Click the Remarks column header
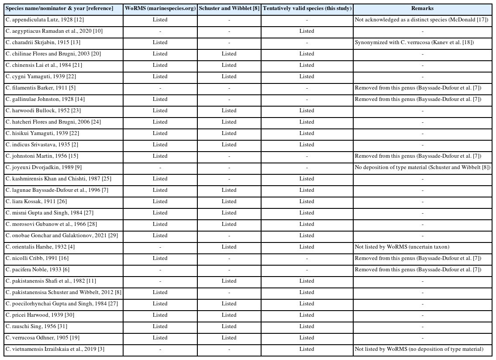[422, 8]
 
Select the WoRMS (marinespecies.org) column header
[160, 8]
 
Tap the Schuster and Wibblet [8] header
[229, 8]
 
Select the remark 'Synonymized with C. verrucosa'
[414, 42]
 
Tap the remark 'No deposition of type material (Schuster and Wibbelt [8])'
[422, 167]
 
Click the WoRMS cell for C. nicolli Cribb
[160, 258]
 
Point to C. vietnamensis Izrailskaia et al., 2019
[55, 349]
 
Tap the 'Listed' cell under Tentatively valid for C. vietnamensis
[307, 349]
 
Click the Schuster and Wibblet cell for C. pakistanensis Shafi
[229, 281]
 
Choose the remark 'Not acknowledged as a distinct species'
[422, 20]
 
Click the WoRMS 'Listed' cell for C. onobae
[160, 235]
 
